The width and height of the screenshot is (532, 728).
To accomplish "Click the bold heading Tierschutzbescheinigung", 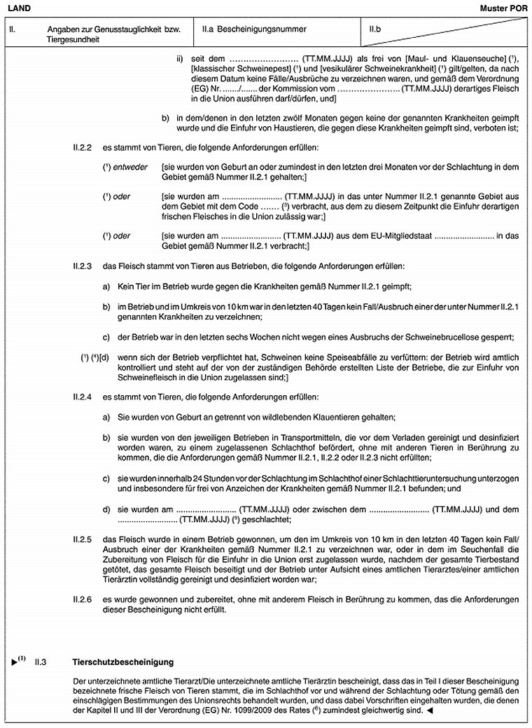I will pos(123,661).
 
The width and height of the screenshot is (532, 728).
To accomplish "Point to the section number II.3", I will pos(41,661).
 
